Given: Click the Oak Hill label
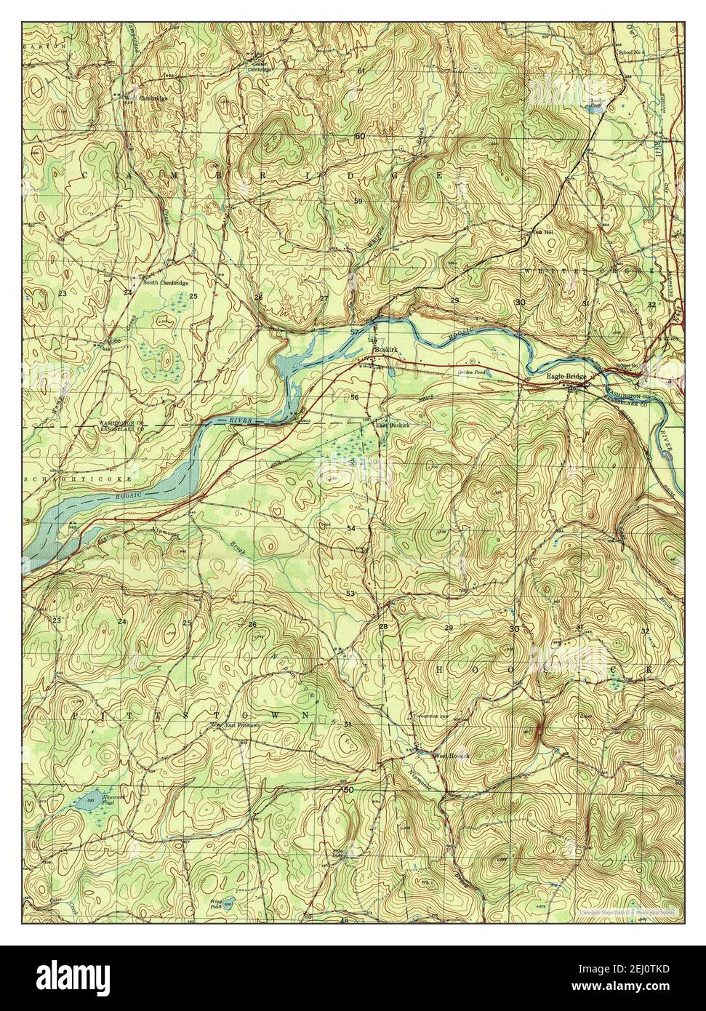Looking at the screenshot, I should [x=535, y=233].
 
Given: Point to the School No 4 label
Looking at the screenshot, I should [x=630, y=52].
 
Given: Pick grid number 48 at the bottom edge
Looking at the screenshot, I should [x=344, y=921].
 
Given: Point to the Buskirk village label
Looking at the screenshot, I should [x=383, y=350].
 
